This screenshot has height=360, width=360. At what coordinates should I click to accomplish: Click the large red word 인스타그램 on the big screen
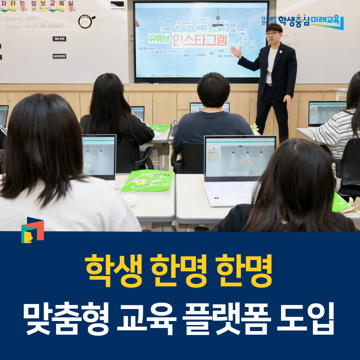(200, 40)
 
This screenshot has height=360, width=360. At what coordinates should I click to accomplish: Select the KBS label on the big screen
(202, 28)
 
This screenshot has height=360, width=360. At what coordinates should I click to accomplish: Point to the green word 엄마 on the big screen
(222, 29)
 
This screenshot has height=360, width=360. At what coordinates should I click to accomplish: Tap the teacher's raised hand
(236, 52)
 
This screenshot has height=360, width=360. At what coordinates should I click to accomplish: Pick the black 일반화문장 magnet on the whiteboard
(59, 56)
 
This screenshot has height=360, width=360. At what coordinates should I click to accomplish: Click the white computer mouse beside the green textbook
(130, 200)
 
